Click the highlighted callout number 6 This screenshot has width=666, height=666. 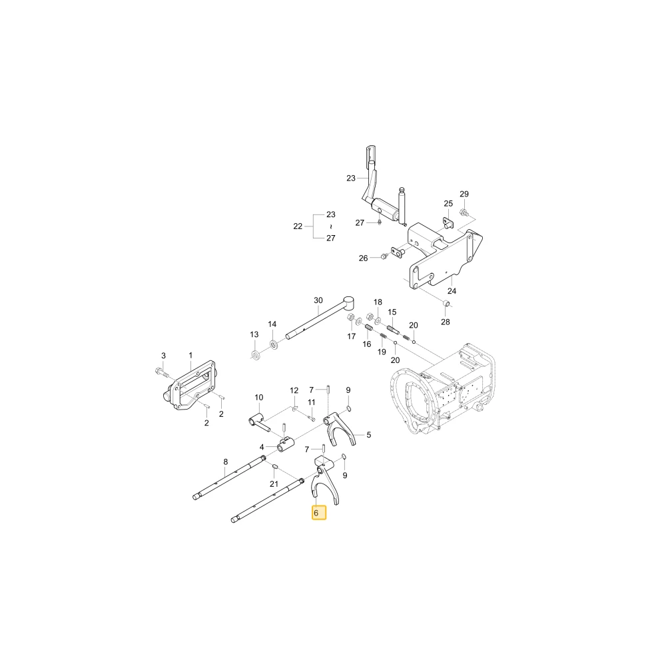316,513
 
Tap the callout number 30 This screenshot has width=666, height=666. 318,300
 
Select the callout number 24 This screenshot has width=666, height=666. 452,291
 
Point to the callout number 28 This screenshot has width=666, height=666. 445,322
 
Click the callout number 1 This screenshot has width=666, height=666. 190,355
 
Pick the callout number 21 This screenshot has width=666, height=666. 274,484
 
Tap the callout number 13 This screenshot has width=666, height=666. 254,334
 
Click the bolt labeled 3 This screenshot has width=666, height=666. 161,372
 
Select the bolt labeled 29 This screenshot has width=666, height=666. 464,211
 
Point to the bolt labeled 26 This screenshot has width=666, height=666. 384,256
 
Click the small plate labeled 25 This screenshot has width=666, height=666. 450,222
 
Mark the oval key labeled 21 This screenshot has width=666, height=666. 274,468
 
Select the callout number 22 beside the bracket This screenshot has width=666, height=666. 298,226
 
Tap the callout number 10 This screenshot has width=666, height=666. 258,398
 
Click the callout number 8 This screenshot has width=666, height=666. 226,462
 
